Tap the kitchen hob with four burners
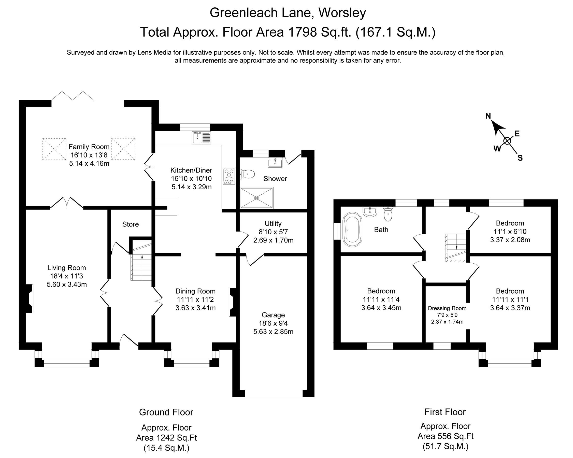coord(229,176)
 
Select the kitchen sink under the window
coord(201,138)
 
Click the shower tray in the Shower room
coord(256,198)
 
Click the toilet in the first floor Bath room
coord(388,214)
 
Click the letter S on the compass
coord(520,158)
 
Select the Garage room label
coord(273,315)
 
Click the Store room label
coord(130,224)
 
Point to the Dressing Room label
coord(447,308)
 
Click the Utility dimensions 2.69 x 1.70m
coord(273,240)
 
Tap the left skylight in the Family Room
coord(54,149)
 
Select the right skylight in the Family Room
coord(123,149)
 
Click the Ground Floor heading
coord(166,412)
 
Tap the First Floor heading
coord(445,412)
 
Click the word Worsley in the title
coord(342,12)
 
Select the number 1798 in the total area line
coord(303,32)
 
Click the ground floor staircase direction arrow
coord(142,257)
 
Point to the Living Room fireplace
coord(29,298)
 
